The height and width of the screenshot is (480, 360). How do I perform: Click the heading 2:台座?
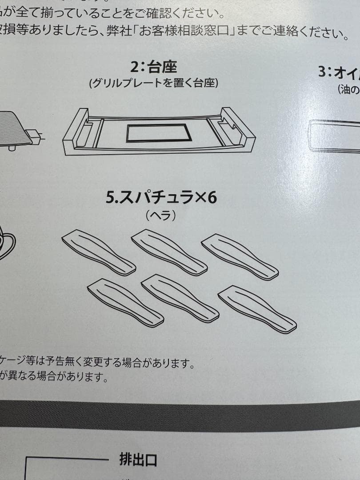click(153, 67)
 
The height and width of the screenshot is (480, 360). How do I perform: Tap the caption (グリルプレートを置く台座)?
click(153, 83)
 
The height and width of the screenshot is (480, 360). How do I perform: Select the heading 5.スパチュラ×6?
click(161, 197)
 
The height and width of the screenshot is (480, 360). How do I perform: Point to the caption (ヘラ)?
click(161, 216)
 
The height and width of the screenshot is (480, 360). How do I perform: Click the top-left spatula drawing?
click(98, 252)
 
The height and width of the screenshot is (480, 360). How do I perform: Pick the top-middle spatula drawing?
click(169, 252)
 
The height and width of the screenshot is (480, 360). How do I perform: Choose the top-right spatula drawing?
click(240, 257)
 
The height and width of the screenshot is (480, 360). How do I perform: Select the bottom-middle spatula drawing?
click(180, 298)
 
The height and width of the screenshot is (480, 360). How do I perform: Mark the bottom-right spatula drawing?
click(257, 309)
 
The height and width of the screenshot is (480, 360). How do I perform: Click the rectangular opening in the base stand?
click(157, 133)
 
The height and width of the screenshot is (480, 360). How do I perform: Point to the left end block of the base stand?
click(76, 129)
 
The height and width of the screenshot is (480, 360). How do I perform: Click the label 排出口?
click(138, 459)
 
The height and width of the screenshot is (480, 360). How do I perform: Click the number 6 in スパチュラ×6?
click(212, 197)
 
